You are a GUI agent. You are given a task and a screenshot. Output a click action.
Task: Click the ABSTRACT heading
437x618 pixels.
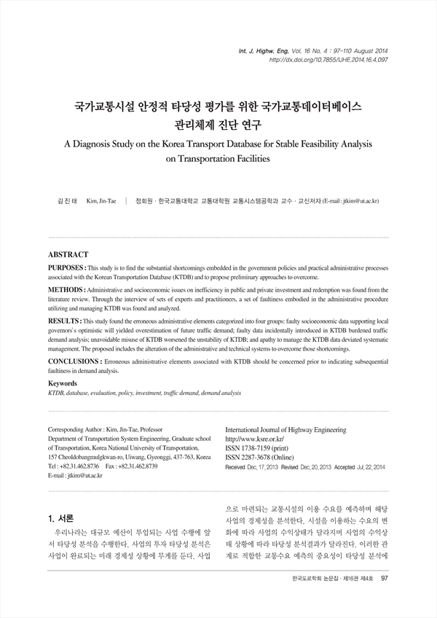[x=68, y=255]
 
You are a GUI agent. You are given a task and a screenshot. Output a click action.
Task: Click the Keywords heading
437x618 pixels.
[x=63, y=383]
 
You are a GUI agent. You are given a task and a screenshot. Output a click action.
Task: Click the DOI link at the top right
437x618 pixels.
[x=328, y=60]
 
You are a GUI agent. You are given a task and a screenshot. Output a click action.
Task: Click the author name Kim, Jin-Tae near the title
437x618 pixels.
[x=101, y=200]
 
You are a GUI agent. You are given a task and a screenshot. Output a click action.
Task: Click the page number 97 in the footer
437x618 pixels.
[x=385, y=599]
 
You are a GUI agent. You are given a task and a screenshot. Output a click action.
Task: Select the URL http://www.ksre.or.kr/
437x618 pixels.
[x=254, y=439]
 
